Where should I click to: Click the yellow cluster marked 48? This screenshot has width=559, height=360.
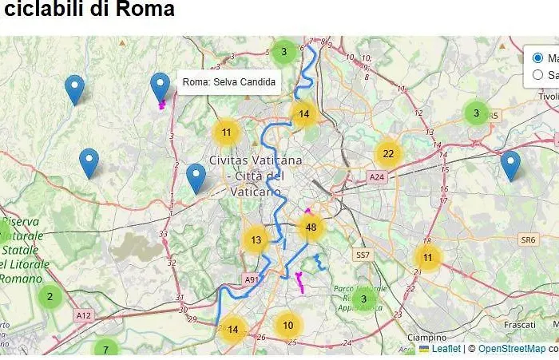pos(311,227)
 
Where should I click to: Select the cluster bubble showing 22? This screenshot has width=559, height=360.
pos(388,154)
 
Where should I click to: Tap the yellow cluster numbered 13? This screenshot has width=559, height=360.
pos(256,239)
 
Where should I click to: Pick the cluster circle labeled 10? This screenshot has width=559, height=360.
pos(288,325)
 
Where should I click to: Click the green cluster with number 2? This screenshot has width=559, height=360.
pos(50,297)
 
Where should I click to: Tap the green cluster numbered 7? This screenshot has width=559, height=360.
pos(105,350)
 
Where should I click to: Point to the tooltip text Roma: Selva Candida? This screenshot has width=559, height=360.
pos(229,82)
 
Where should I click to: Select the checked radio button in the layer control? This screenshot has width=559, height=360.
pos(537,57)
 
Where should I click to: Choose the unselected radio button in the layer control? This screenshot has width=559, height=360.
pos(537,75)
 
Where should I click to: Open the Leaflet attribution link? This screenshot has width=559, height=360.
pos(446,349)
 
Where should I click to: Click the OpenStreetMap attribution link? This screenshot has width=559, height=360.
pos(511,349)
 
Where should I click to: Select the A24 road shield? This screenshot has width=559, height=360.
pos(376,176)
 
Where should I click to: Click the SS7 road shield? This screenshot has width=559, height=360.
pos(363,255)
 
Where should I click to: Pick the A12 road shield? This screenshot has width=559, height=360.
pos(84,316)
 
